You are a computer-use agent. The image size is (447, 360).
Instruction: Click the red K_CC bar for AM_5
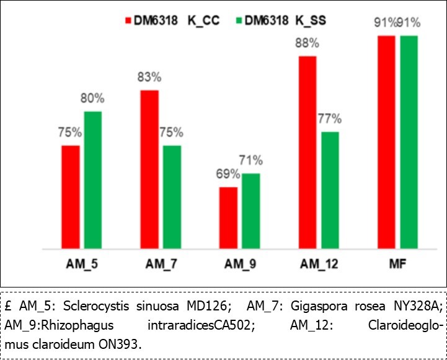coord(71,197)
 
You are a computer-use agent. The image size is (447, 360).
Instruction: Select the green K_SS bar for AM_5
coord(93,180)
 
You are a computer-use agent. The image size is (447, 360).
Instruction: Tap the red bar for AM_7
coord(150,169)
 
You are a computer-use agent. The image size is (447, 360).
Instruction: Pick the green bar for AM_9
coord(251,211)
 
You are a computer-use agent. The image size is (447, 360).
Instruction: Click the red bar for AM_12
coord(308,152)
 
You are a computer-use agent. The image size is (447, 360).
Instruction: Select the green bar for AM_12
coord(330,190)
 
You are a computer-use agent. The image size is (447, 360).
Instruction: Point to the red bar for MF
coord(387,143)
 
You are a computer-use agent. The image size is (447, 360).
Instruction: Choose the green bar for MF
coord(409,143)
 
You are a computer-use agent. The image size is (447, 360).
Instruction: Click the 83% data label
coord(149,77)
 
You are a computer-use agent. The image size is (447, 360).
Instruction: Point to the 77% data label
coord(329,119)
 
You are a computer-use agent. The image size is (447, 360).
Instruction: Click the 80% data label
coord(92,99)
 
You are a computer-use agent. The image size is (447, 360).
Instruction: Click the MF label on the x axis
coord(397,263)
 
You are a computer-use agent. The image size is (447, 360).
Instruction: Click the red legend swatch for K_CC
coord(129,20)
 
